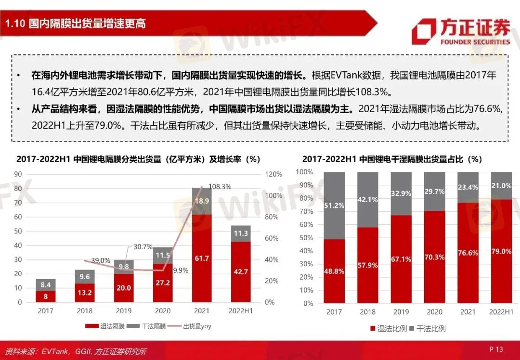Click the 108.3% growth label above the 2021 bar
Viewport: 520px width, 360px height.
[x=220, y=186]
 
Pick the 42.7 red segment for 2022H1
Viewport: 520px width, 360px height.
[x=241, y=271]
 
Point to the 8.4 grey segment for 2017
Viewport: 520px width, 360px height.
[x=45, y=285]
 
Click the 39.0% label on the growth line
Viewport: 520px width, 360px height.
[x=100, y=260]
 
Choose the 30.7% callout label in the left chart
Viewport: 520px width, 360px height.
[x=142, y=247]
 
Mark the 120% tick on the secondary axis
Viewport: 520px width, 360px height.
[x=273, y=174]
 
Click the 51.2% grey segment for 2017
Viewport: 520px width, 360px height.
[x=334, y=206]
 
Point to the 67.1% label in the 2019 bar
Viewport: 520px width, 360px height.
[x=401, y=259]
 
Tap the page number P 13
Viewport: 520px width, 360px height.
[x=496, y=349]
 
